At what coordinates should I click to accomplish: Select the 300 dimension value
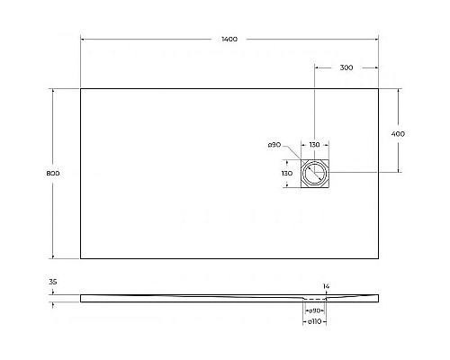coord(346,67)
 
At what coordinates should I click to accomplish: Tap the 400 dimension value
coord(399,133)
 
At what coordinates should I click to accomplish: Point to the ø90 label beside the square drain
coord(275,145)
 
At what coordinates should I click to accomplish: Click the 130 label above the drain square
coord(315,145)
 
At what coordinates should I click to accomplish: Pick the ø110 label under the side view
coord(315,321)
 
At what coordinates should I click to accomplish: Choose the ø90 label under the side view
coord(315,310)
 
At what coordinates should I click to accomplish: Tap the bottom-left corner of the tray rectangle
coord(81,258)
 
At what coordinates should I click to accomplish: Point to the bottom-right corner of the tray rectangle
coord(378,258)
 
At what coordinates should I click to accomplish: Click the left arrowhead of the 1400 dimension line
coord(83,40)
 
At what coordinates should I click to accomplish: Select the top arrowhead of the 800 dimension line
coord(54,89)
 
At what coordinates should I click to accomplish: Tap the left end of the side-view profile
coord(81,296)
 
